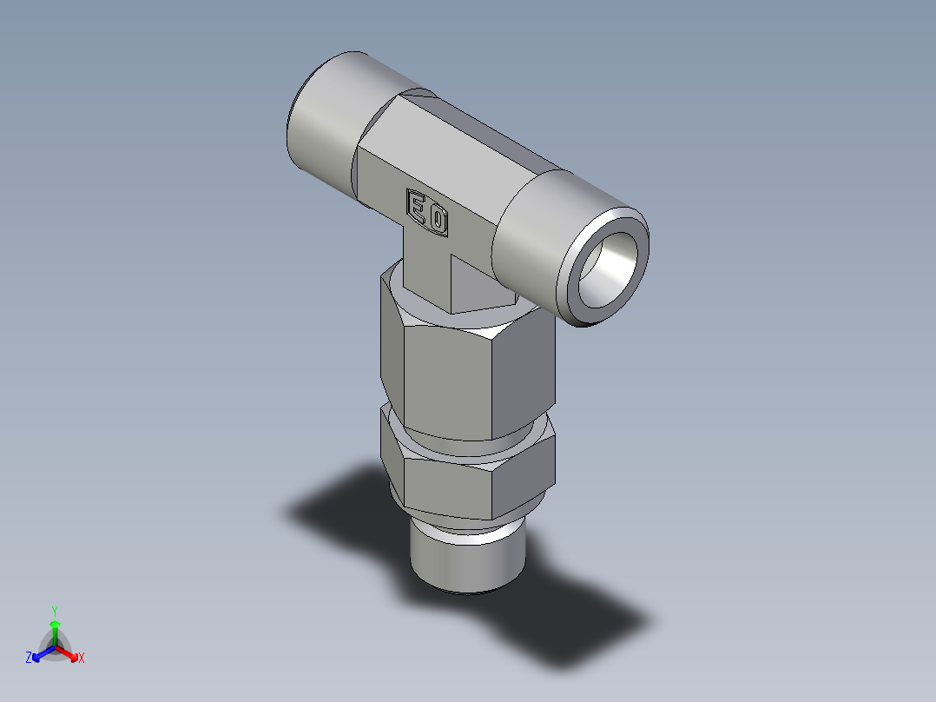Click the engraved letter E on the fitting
click(419, 208)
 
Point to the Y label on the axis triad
click(55, 610)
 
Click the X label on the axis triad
click(82, 659)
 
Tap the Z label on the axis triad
click(29, 659)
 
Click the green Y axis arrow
click(55, 631)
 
